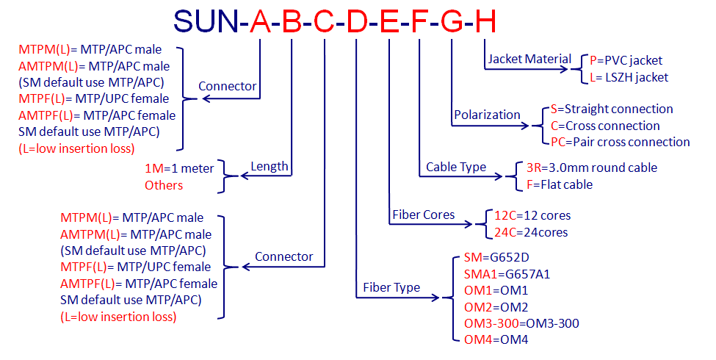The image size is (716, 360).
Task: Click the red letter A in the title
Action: pyautogui.click(x=260, y=21)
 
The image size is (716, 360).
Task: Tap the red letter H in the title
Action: pyautogui.click(x=485, y=21)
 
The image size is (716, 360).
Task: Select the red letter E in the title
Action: pyautogui.click(x=389, y=21)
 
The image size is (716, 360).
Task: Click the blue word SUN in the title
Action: pyautogui.click(x=206, y=21)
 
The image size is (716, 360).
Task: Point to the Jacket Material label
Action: pyautogui.click(x=529, y=60)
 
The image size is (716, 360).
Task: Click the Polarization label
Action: pyautogui.click(x=487, y=115)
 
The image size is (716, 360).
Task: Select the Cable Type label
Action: pyautogui.click(x=456, y=168)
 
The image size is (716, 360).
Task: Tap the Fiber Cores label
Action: pyautogui.click(x=423, y=215)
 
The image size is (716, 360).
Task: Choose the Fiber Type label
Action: pyautogui.click(x=391, y=287)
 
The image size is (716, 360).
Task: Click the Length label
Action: pyautogui.click(x=270, y=167)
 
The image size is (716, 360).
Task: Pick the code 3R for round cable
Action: pyautogui.click(x=533, y=168)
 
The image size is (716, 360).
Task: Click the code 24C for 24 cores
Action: pyautogui.click(x=505, y=232)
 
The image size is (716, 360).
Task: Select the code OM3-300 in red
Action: pyautogui.click(x=491, y=323)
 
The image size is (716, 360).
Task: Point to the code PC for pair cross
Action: pyautogui.click(x=558, y=142)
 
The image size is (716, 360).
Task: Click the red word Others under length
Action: pyautogui.click(x=164, y=185)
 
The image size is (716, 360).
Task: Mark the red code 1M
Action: pyautogui.click(x=154, y=168)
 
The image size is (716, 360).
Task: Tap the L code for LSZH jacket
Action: pyautogui.click(x=593, y=78)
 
